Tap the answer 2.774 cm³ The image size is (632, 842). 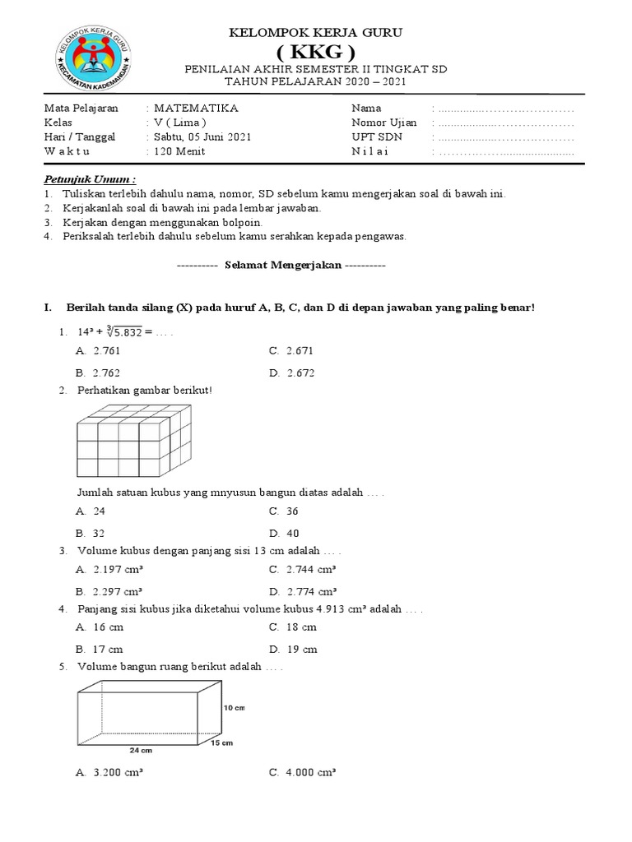point(311,591)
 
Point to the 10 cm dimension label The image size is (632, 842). point(234,707)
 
